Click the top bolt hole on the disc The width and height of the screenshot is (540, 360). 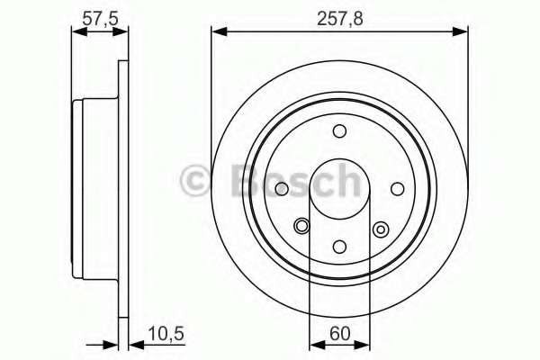tap(339, 131)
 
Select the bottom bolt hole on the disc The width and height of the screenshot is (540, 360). tap(339, 245)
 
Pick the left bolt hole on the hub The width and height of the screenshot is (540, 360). tap(282, 188)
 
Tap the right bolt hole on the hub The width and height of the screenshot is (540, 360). tap(397, 188)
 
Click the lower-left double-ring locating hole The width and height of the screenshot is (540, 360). tap(301, 228)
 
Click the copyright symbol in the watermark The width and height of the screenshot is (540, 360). tap(195, 181)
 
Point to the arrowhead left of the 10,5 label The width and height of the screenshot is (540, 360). tap(124, 343)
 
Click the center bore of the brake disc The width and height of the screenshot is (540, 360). tap(339, 188)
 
